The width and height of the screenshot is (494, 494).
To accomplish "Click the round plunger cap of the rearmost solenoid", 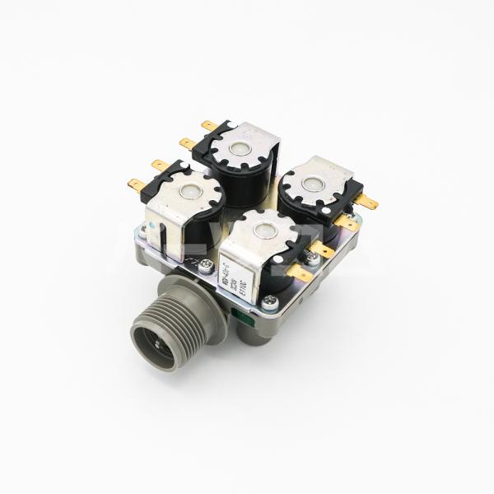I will point(240,148).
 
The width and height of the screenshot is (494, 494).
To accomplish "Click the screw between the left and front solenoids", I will point(205,266).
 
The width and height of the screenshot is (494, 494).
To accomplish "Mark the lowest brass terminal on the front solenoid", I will point(300,273).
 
